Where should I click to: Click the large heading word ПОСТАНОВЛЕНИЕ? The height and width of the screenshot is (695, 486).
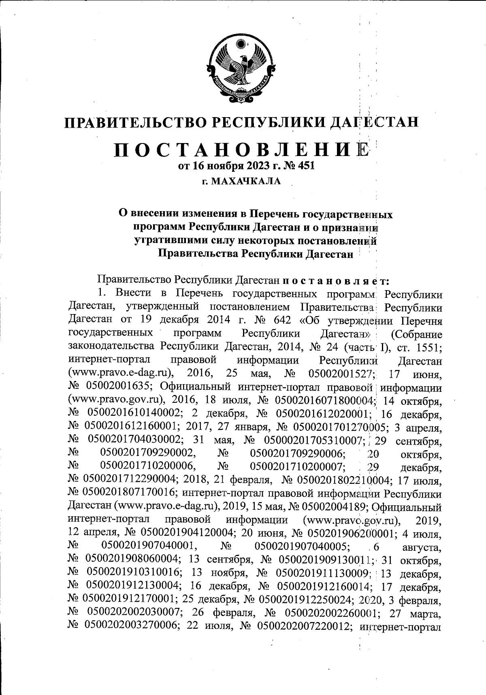(242, 152)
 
